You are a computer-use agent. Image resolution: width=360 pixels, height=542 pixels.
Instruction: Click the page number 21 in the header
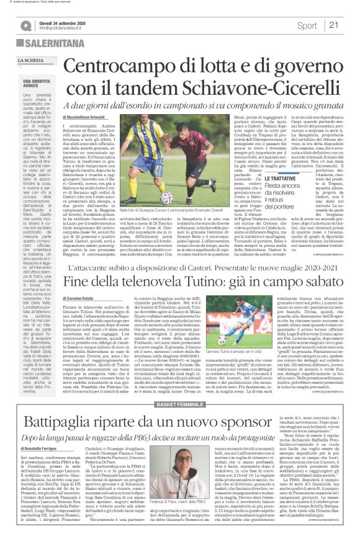tap(333, 25)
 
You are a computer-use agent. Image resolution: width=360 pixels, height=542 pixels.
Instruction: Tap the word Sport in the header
tap(307, 25)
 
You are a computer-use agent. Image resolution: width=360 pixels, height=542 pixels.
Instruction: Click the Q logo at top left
tap(25, 25)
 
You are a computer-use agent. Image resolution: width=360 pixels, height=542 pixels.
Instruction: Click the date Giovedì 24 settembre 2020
tap(68, 21)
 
